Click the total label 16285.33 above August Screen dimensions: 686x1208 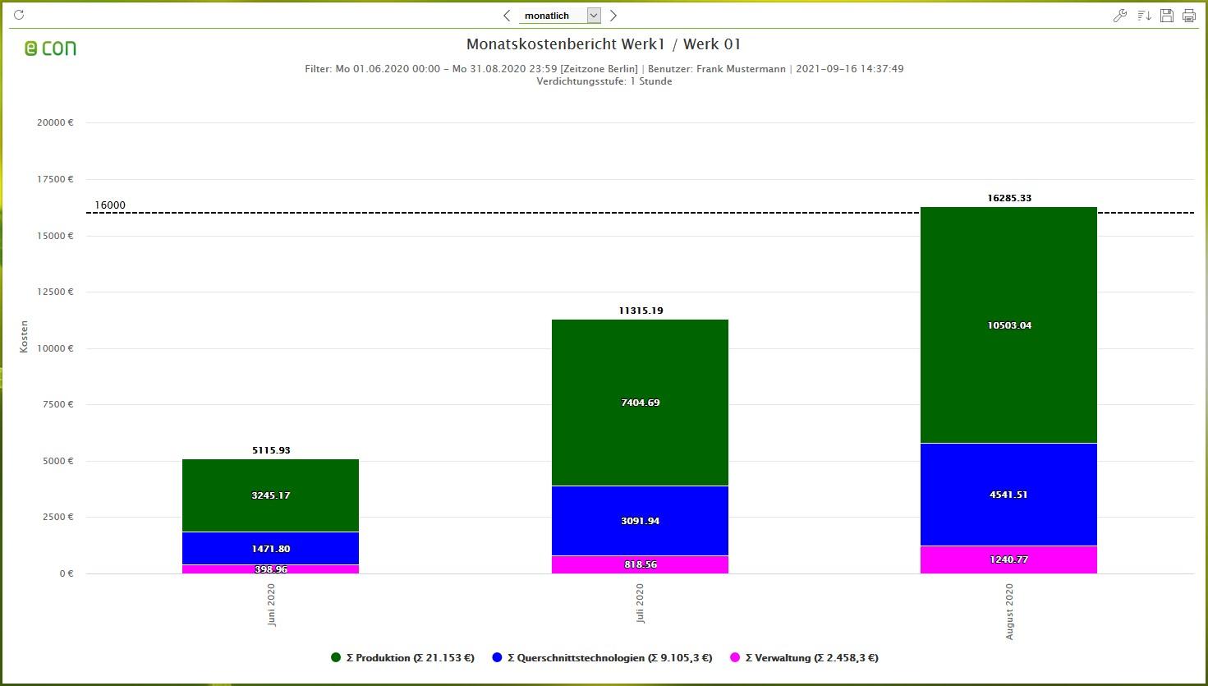pyautogui.click(x=1008, y=198)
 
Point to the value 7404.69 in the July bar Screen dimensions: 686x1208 pyautogui.click(x=640, y=403)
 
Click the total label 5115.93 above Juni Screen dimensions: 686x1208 pyautogui.click(x=271, y=450)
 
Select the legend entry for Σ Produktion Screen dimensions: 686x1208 pyautogui.click(x=402, y=657)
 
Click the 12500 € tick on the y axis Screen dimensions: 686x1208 pyautogui.click(x=55, y=292)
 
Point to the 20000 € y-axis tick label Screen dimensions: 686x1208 pyautogui.click(x=55, y=122)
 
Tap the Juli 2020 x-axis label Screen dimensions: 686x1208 pyautogui.click(x=640, y=604)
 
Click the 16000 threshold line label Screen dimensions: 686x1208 pyautogui.click(x=110, y=205)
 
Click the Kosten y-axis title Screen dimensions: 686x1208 pyautogui.click(x=24, y=337)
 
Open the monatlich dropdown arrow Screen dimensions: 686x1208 pyautogui.click(x=594, y=16)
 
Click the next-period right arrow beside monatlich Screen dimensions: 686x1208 pyautogui.click(x=613, y=16)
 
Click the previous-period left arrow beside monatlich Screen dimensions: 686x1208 pyautogui.click(x=507, y=16)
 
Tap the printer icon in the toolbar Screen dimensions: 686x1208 pyautogui.click(x=1188, y=16)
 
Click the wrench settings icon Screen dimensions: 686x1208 pyautogui.click(x=1119, y=16)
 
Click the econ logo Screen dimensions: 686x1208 pyautogui.click(x=50, y=48)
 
